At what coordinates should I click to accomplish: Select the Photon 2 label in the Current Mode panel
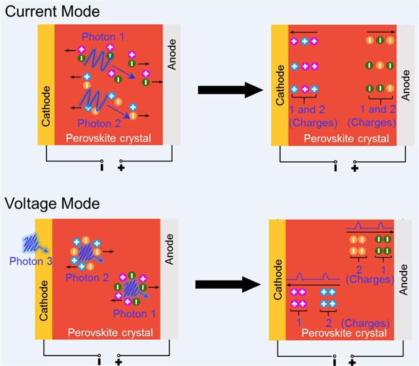(99, 123)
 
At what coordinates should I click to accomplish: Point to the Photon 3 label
(31, 261)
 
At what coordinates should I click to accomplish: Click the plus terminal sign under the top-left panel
(120, 168)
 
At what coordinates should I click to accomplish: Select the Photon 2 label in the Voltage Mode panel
(86, 278)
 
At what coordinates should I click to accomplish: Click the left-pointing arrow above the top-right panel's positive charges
(304, 32)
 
